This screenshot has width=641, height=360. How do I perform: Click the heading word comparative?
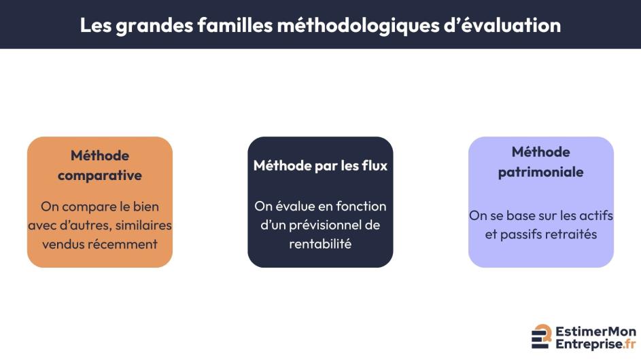click(100, 175)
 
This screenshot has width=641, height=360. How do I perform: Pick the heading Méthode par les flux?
click(320, 166)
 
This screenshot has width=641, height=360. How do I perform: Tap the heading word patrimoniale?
click(541, 172)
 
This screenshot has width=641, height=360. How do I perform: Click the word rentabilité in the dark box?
click(320, 243)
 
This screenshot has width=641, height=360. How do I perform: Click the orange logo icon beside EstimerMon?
click(542, 336)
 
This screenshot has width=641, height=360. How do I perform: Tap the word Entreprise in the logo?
click(585, 344)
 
